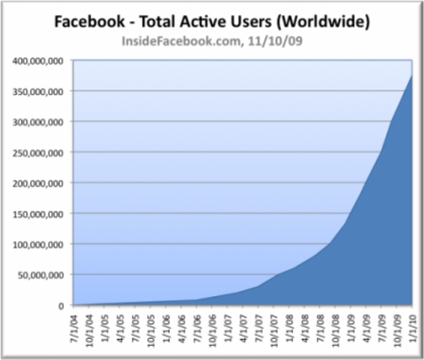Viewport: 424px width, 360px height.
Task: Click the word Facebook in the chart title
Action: (x=90, y=22)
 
